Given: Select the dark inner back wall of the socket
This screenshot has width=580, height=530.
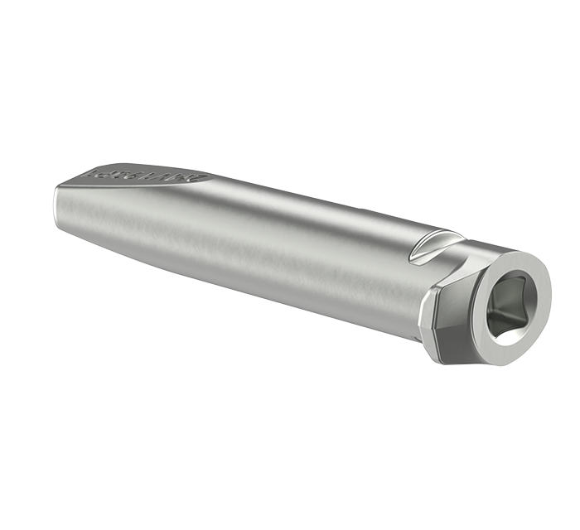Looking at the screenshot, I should click(515, 298).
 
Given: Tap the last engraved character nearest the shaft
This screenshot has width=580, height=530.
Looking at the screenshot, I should click(199, 177).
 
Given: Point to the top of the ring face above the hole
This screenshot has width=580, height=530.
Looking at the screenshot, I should click(514, 263).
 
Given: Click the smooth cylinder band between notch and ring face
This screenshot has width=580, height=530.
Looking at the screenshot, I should click(476, 248).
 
